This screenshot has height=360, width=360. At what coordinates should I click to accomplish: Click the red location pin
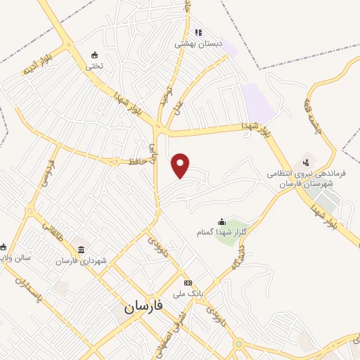(182, 165)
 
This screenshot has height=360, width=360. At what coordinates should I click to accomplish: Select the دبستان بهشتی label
(199, 43)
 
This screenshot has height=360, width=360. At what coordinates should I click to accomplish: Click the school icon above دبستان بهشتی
(199, 32)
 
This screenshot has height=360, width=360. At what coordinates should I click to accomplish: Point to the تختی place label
(94, 66)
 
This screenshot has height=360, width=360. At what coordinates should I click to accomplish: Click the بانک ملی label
(189, 285)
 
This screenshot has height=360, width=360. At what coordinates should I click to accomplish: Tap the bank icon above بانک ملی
(188, 275)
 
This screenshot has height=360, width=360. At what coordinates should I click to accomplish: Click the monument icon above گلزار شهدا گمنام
(221, 221)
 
